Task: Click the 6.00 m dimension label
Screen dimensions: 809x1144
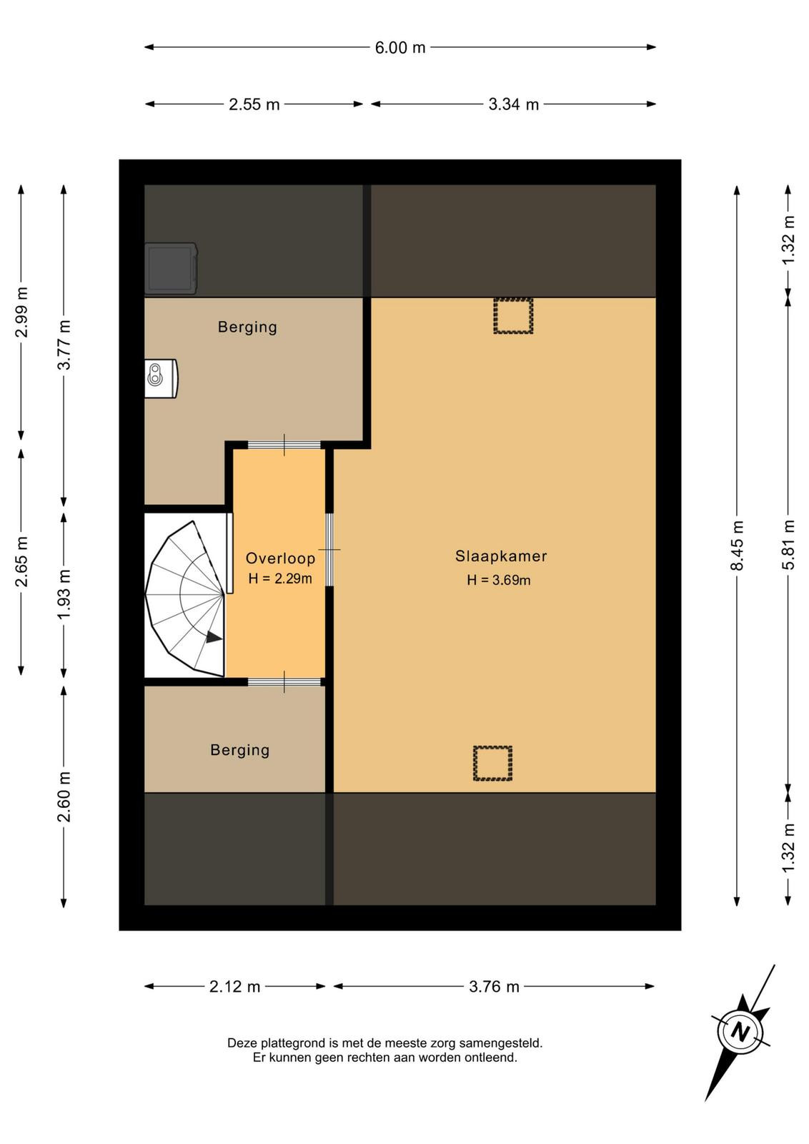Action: (399, 47)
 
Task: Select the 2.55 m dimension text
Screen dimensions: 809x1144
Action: (254, 104)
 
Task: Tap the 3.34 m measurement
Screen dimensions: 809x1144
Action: (513, 104)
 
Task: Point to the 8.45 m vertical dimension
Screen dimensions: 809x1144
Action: (737, 545)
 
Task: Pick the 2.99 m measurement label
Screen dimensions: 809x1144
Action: (21, 312)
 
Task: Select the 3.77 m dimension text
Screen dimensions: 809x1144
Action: (64, 345)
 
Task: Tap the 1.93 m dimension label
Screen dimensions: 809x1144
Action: (64, 594)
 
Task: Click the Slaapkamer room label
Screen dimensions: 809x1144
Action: (501, 556)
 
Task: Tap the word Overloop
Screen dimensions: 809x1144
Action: (280, 558)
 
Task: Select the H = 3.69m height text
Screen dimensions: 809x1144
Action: (499, 580)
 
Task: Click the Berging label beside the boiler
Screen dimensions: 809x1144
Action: (247, 327)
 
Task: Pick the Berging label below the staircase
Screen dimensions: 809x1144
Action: (240, 750)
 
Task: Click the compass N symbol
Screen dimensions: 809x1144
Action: (740, 1034)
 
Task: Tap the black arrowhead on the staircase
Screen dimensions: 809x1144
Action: (214, 637)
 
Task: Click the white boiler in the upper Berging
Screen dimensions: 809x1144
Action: (161, 378)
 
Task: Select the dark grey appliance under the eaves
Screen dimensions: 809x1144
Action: (171, 269)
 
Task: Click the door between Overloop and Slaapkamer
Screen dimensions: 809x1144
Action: (329, 550)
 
